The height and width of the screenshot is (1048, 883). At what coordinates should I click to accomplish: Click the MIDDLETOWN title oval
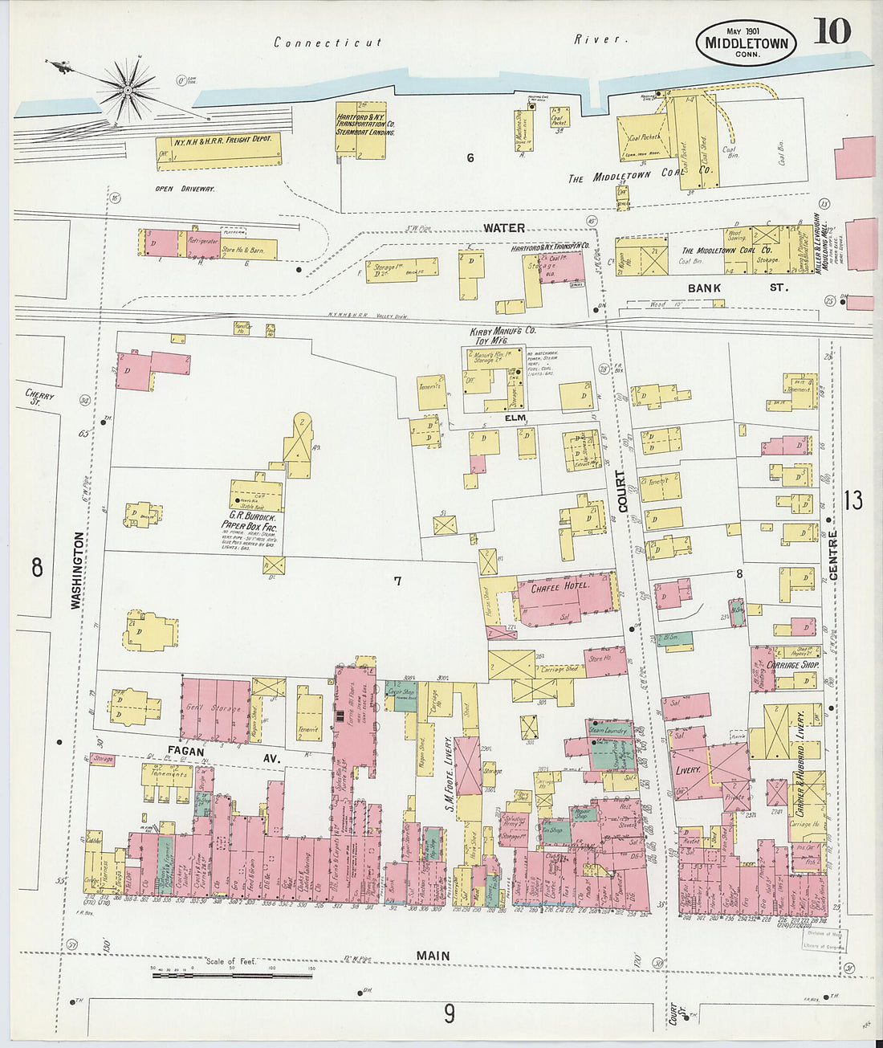(x=746, y=43)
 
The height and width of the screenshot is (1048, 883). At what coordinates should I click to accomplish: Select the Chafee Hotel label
(x=560, y=586)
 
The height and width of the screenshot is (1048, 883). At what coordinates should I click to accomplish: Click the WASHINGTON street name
(x=76, y=570)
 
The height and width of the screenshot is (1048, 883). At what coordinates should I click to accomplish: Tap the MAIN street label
(x=433, y=956)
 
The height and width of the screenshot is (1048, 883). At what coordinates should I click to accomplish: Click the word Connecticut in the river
(x=328, y=43)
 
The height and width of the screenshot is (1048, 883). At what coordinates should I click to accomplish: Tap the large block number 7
(x=397, y=581)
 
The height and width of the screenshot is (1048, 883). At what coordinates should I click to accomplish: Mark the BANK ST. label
(x=737, y=287)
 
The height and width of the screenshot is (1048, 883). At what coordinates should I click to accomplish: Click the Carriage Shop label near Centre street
(x=791, y=665)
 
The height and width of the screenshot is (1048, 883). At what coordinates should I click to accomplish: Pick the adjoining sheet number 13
(x=853, y=500)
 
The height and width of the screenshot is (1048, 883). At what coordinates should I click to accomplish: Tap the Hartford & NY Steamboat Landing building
(x=365, y=128)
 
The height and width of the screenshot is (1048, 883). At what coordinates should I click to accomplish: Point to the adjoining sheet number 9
(x=450, y=1014)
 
